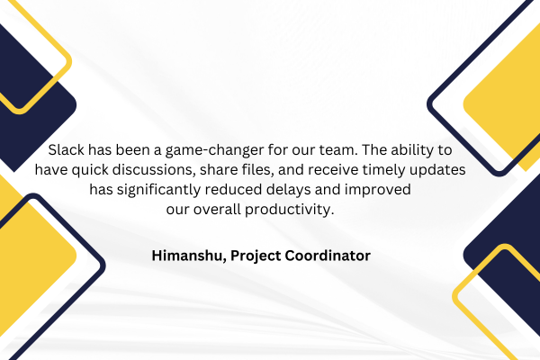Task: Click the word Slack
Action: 66,150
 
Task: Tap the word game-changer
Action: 215,151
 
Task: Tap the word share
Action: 217,169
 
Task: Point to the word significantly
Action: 158,190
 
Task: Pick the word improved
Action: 377,190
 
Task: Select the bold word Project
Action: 256,256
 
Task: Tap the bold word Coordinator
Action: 328,256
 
